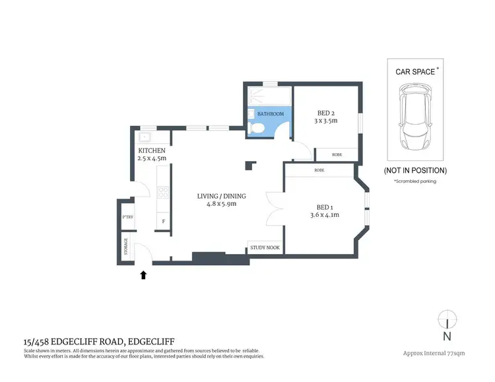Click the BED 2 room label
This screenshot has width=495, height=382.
[327, 112]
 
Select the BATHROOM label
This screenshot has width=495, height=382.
[270, 114]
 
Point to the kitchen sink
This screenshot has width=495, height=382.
[145, 138]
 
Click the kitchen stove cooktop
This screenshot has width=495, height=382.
[163, 193]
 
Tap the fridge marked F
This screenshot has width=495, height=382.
[163, 222]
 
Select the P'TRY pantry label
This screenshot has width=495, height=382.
[127, 218]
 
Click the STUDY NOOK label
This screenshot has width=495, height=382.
[265, 248]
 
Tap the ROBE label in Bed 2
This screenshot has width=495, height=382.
[337, 154]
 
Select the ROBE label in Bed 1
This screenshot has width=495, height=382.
[319, 170]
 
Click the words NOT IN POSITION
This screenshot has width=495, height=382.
[415, 170]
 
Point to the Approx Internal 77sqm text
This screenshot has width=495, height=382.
[434, 353]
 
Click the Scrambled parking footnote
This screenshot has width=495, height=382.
[415, 181]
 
